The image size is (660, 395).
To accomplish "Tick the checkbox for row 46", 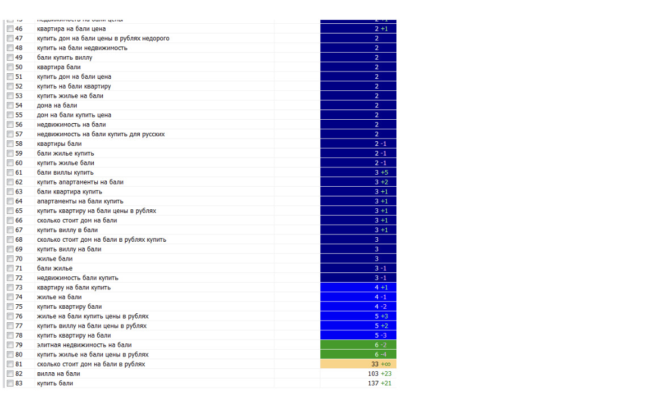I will click(10, 29).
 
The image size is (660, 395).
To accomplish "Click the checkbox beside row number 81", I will click(10, 364).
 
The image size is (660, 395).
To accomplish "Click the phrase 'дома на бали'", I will click(57, 106).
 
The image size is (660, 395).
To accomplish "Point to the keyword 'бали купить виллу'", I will click(65, 57).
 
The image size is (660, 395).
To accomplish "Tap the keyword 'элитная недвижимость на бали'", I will click(84, 345).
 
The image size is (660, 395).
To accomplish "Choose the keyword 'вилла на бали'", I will click(59, 374).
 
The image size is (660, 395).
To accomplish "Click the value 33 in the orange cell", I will click(375, 364).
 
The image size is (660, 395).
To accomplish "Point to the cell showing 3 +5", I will click(381, 173).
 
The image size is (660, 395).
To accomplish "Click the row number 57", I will click(19, 135).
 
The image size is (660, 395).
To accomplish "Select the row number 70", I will click(19, 259).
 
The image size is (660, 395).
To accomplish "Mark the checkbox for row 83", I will click(10, 384).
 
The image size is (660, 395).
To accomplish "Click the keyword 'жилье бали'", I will click(55, 259).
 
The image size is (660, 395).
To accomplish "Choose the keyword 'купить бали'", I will click(55, 384).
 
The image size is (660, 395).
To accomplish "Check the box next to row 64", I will click(10, 201).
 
